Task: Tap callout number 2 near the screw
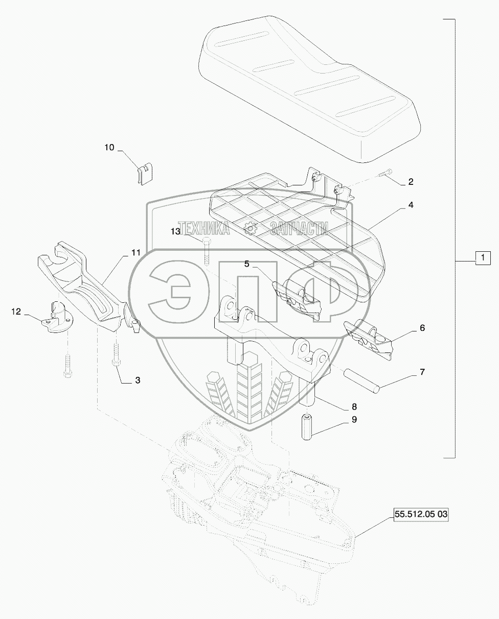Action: (x=411, y=181)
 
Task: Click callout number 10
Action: (x=110, y=148)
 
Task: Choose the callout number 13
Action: (x=176, y=231)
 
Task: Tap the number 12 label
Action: (x=16, y=311)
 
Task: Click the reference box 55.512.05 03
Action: (x=420, y=515)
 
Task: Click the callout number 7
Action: (x=422, y=372)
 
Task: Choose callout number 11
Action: (x=135, y=252)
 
